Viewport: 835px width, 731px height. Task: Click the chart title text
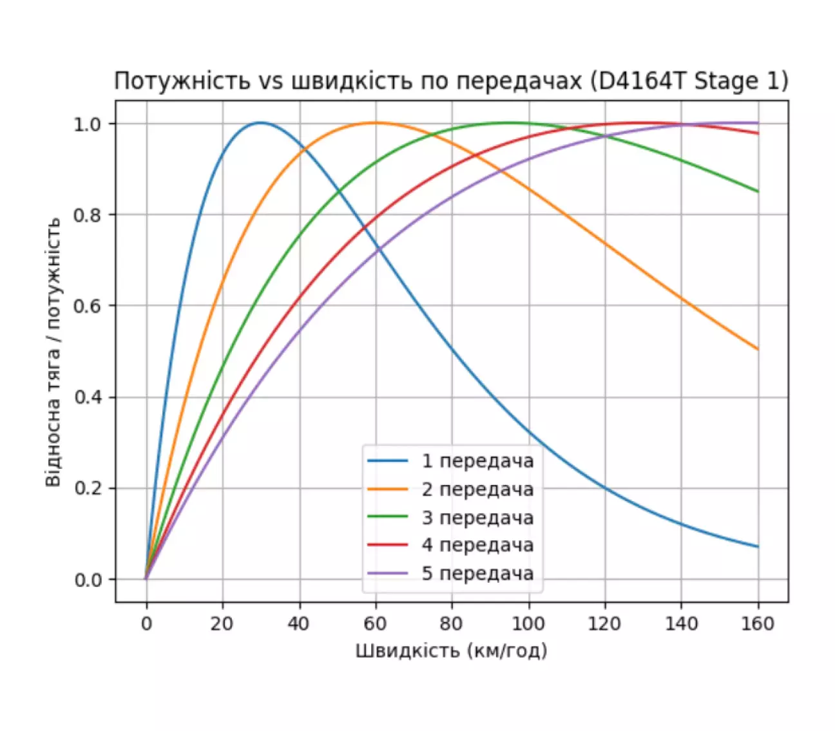point(451,82)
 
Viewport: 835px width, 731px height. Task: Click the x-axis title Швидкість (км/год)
point(451,650)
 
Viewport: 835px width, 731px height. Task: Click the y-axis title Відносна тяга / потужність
point(53,352)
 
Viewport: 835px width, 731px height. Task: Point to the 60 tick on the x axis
point(375,623)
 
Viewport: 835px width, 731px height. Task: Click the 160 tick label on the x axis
point(758,623)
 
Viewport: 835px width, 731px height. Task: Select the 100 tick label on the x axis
point(528,623)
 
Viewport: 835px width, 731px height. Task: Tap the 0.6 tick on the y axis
point(88,306)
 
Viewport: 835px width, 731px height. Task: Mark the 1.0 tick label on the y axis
point(88,124)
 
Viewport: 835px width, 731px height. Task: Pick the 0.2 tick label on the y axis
point(88,488)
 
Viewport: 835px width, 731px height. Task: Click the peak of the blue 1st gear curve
point(260,122)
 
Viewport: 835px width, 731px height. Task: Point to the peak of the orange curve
point(375,122)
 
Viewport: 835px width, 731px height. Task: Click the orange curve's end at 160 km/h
point(758,350)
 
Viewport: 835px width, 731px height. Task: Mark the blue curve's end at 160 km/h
point(758,547)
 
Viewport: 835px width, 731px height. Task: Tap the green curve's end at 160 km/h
point(758,191)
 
